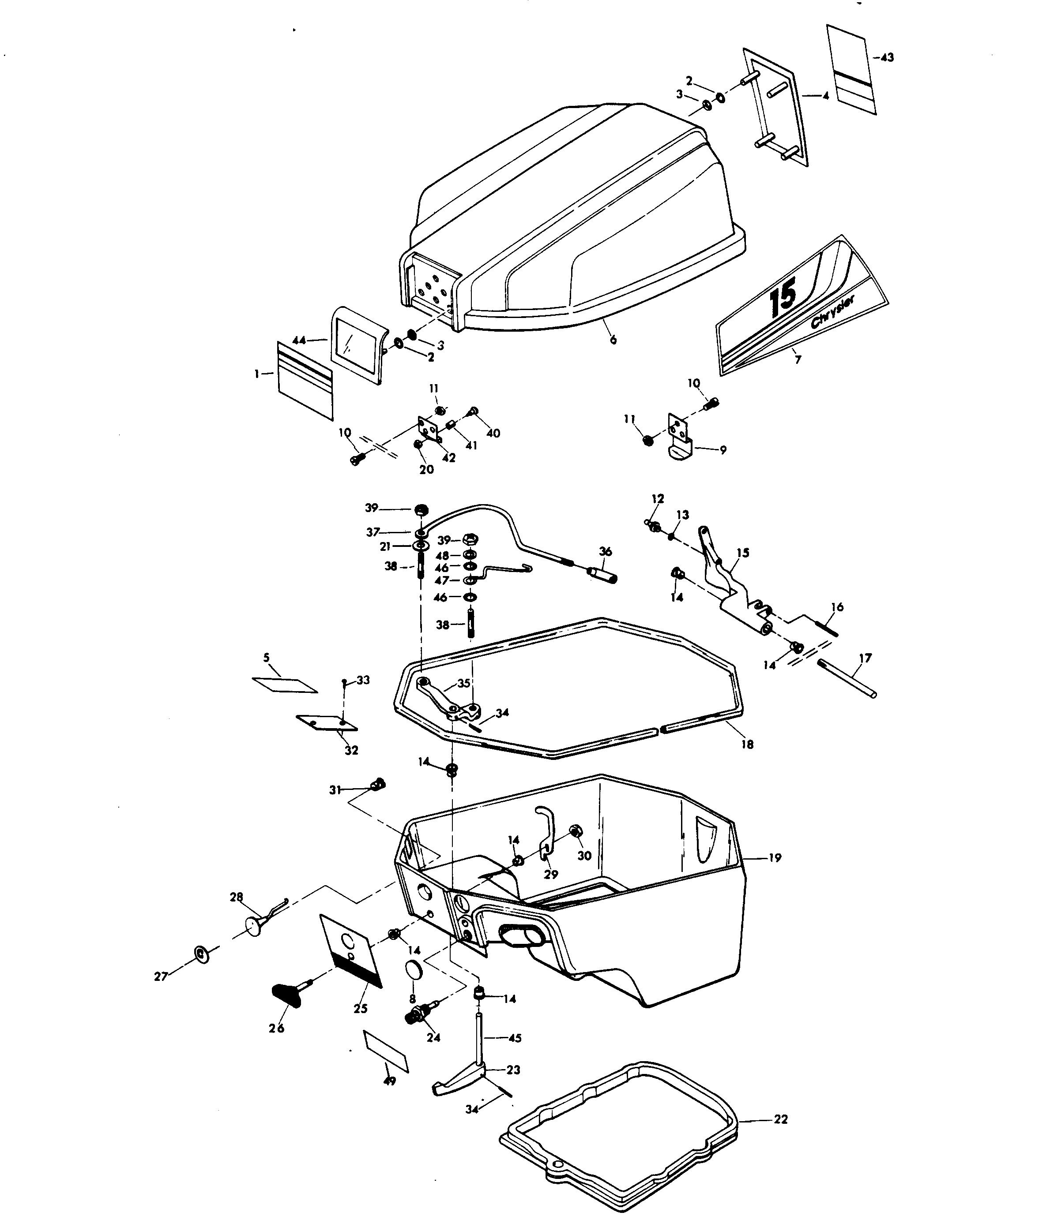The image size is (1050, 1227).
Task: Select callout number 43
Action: click(887, 57)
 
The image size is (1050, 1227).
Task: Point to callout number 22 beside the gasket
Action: click(781, 1119)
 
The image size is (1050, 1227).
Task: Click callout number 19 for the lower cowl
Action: click(775, 857)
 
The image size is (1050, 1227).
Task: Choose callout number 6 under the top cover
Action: click(613, 340)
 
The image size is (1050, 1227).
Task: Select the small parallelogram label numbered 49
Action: click(386, 1051)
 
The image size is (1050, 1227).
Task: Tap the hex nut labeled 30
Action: click(574, 831)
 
